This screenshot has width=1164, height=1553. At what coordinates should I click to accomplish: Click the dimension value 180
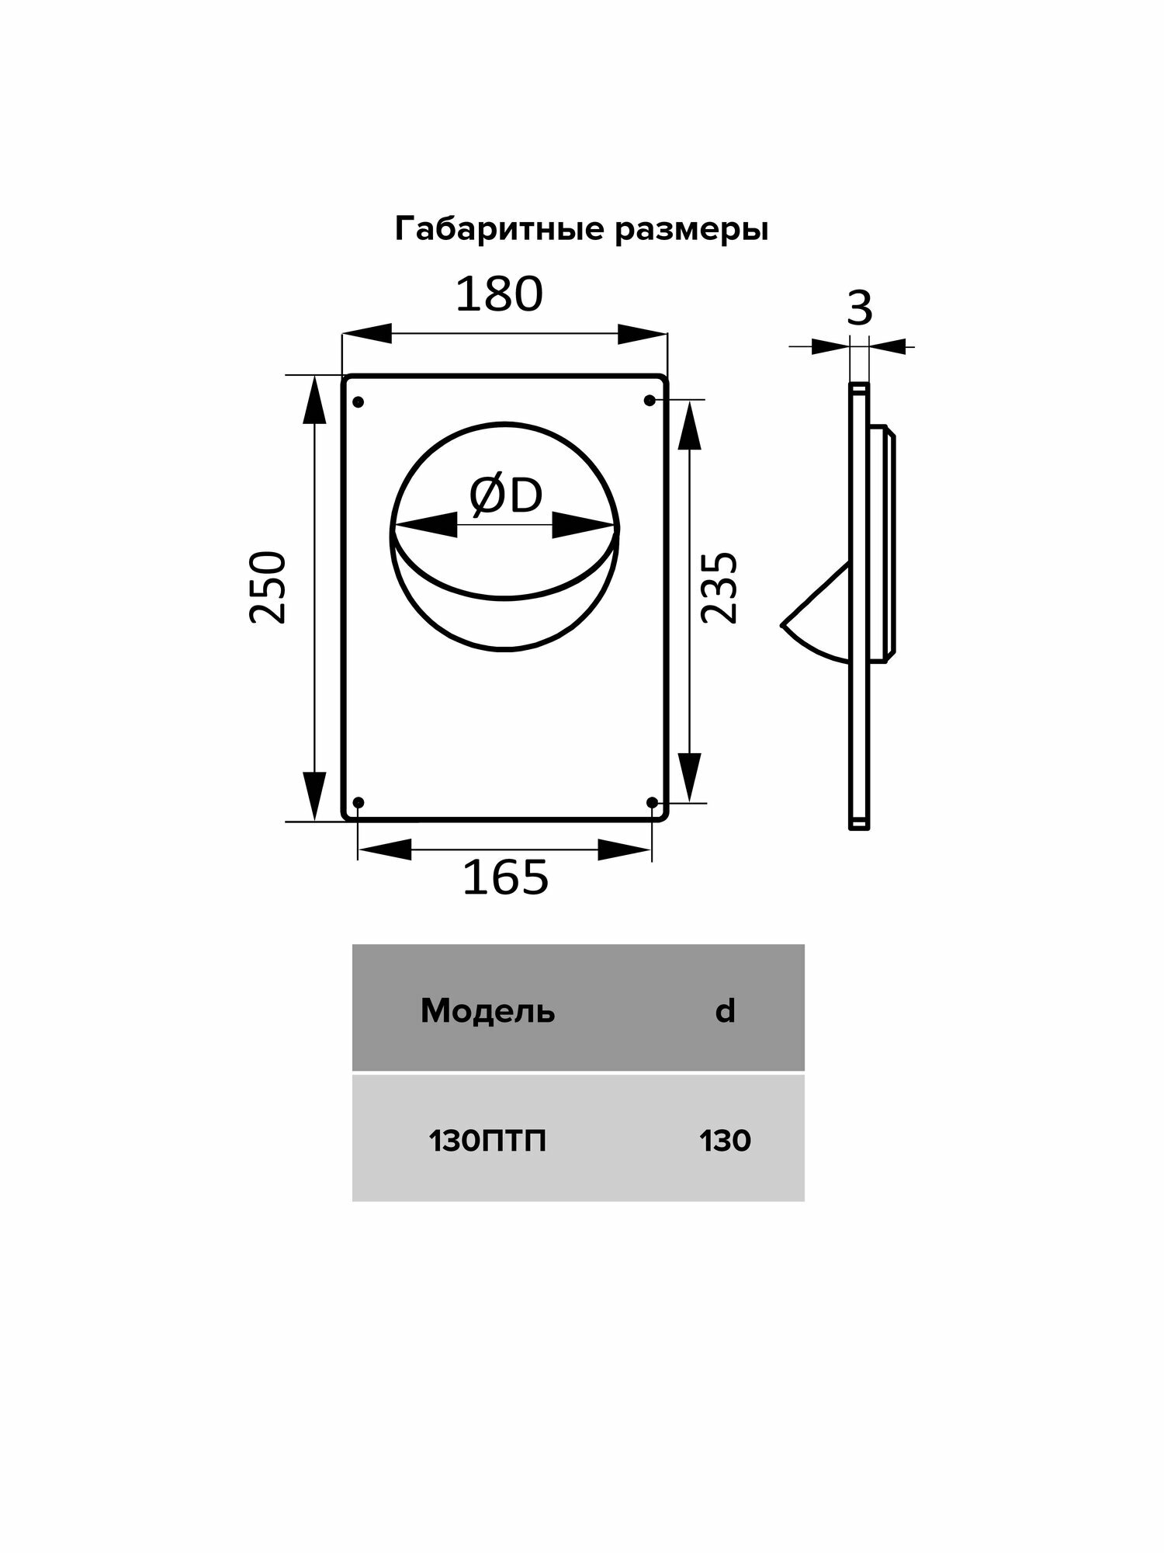pyautogui.click(x=499, y=296)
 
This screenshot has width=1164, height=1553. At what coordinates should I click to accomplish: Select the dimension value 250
pyautogui.click(x=268, y=587)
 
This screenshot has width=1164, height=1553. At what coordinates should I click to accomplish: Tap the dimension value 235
pyautogui.click(x=719, y=587)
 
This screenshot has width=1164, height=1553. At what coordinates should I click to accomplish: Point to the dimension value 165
pyautogui.click(x=505, y=878)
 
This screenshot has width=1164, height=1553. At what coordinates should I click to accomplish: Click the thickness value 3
pyautogui.click(x=859, y=309)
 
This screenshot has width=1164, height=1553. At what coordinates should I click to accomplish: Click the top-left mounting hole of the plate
pyautogui.click(x=358, y=402)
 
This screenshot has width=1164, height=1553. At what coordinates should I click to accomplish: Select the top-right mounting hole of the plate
pyautogui.click(x=650, y=401)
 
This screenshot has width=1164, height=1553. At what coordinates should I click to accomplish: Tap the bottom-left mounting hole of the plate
pyautogui.click(x=358, y=802)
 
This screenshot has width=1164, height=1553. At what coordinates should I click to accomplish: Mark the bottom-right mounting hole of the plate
pyautogui.click(x=652, y=802)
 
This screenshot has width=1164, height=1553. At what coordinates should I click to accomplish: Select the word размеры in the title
pyautogui.click(x=692, y=231)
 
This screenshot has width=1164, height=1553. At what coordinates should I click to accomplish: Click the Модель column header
pyautogui.click(x=487, y=1012)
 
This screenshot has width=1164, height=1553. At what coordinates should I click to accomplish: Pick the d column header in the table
pyautogui.click(x=725, y=1012)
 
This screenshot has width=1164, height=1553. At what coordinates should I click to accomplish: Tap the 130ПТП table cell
pyautogui.click(x=487, y=1141)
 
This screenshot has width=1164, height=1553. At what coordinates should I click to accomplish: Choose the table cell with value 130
pyautogui.click(x=725, y=1141)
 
